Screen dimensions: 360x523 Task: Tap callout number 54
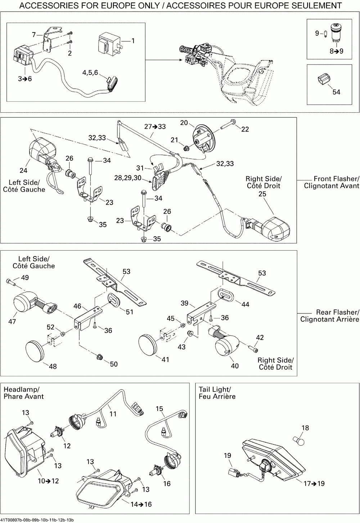coord(336,92)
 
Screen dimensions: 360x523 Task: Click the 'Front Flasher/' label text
coord(337,179)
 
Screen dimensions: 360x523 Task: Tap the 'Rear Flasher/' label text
coord(338,312)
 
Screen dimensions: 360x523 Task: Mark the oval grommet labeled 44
coord(224,295)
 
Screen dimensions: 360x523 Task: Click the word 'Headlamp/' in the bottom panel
coord(22,389)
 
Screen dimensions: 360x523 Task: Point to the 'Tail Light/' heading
coord(215,389)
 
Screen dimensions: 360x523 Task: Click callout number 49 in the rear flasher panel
coord(25,277)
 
